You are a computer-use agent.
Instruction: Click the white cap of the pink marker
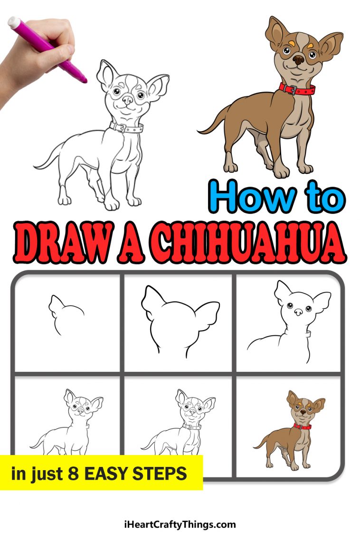(14, 22)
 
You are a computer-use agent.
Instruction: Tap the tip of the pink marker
(85, 81)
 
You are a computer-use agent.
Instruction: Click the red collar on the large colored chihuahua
(297, 90)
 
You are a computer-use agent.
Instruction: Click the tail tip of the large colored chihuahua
(199, 131)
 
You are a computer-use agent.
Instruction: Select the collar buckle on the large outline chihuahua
(121, 128)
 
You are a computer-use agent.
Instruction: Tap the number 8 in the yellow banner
(72, 474)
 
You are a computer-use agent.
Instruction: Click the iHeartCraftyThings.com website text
(180, 524)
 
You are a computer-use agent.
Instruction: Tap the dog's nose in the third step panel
(298, 312)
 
